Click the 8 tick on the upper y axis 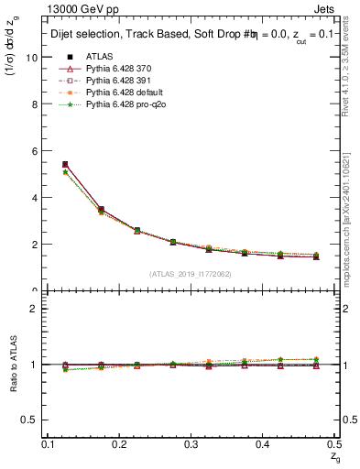(34, 104)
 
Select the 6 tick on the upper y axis (34, 150)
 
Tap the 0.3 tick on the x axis (191, 443)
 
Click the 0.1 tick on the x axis (48, 443)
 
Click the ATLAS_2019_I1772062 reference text (190, 274)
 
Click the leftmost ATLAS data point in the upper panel (65, 165)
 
